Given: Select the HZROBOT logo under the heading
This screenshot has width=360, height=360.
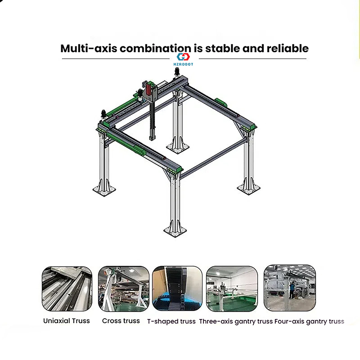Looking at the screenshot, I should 183,59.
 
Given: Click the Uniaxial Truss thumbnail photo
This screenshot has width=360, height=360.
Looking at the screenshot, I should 67,288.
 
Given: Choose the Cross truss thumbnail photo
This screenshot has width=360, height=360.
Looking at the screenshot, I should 123,288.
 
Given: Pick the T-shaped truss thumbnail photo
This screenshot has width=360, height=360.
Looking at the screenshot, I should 177,288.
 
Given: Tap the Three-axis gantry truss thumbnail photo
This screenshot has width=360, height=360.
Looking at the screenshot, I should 232,288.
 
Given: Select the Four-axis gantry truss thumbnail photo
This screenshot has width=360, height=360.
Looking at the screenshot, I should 289,288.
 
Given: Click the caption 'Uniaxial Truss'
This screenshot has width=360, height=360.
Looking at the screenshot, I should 67,321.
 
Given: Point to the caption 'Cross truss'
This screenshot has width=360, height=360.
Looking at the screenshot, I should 121,321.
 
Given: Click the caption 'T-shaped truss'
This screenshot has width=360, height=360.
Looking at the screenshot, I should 171,321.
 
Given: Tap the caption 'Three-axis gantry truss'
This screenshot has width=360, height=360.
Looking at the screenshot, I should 236,321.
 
